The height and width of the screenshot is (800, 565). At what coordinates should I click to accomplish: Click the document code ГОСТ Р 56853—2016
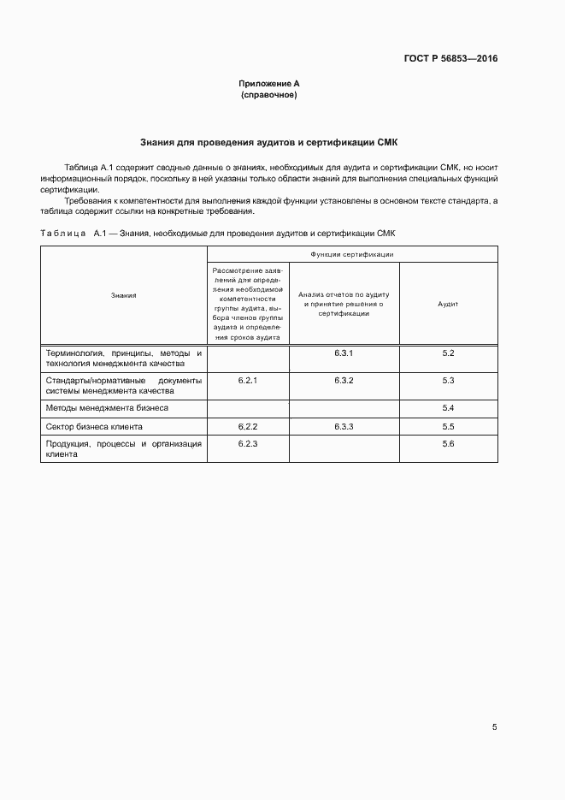click(450, 59)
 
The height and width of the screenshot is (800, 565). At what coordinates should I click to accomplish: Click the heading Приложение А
click(269, 84)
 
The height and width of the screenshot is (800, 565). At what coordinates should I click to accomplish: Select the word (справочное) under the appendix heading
click(269, 95)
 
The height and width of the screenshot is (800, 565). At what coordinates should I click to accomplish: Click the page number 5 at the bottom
click(494, 726)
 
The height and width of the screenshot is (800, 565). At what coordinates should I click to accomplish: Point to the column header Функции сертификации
click(352, 254)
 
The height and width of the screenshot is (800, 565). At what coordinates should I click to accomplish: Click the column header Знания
click(124, 295)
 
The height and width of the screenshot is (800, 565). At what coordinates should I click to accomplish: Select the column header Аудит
click(448, 304)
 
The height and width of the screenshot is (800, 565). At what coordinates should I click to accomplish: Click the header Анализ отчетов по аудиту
click(344, 304)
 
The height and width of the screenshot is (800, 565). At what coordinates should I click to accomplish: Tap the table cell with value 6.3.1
click(344, 353)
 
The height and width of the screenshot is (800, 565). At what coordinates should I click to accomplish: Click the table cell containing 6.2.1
click(248, 379)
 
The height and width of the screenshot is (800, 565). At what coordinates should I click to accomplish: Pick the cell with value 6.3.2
click(344, 379)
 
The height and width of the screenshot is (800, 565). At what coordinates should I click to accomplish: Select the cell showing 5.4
click(448, 408)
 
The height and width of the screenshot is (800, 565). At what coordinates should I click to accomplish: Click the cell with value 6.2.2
click(248, 426)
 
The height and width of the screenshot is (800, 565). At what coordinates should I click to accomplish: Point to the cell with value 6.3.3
click(344, 426)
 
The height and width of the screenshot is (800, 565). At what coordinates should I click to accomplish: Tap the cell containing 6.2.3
click(248, 444)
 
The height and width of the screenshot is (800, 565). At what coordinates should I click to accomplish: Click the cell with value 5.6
click(448, 444)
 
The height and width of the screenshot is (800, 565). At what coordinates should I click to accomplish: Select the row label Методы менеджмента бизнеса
click(107, 408)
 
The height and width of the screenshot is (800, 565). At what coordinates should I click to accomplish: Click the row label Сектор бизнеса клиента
click(94, 426)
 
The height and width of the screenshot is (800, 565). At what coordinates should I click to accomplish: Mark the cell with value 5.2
click(448, 353)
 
